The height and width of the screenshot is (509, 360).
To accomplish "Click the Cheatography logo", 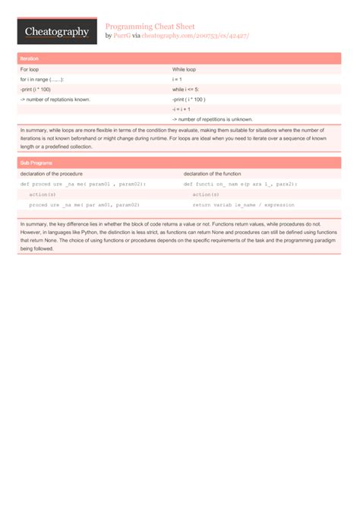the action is (57, 31).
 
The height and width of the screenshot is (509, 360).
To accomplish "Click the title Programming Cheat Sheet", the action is (150, 25).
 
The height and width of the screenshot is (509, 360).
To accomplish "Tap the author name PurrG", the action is (122, 35).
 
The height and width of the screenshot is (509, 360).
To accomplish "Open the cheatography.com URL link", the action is (196, 35).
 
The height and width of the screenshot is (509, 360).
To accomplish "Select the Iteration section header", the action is (30, 58).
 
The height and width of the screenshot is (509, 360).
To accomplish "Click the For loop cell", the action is (33, 69).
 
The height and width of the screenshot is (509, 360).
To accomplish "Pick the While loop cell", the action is (185, 69).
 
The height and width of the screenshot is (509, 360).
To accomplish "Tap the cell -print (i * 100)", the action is (36, 89).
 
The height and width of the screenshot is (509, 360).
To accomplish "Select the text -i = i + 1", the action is (182, 109).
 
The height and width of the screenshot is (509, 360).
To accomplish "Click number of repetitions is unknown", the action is (213, 119).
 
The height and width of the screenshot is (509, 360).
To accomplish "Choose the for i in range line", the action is (42, 79).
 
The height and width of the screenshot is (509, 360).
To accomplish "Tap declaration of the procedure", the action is (52, 174).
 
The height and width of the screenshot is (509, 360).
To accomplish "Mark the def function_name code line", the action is (240, 184).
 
